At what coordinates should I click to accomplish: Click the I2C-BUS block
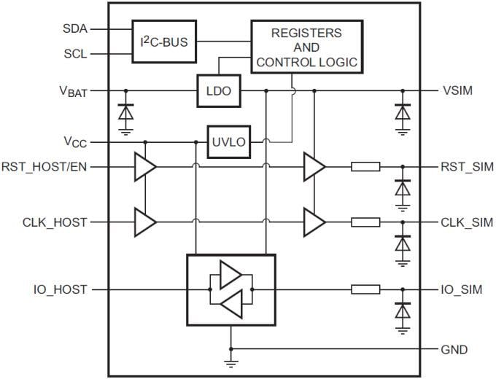[164, 42]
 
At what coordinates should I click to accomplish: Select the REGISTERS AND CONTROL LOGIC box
[306, 48]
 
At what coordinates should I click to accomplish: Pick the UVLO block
[228, 141]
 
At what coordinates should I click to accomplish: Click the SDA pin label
[75, 29]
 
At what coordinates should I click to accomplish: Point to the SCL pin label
[75, 55]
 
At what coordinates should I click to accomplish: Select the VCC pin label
[75, 141]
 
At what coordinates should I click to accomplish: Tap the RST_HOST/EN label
[45, 167]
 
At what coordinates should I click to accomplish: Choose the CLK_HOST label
[55, 222]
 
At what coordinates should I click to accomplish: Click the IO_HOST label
[60, 289]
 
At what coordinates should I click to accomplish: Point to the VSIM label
[458, 91]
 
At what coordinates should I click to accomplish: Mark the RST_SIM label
[468, 167]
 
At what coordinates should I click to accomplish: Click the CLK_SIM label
[468, 222]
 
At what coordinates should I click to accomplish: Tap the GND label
[454, 349]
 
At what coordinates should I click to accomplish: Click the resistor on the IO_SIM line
[365, 289]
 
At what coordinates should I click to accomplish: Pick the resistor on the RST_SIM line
[365, 167]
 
